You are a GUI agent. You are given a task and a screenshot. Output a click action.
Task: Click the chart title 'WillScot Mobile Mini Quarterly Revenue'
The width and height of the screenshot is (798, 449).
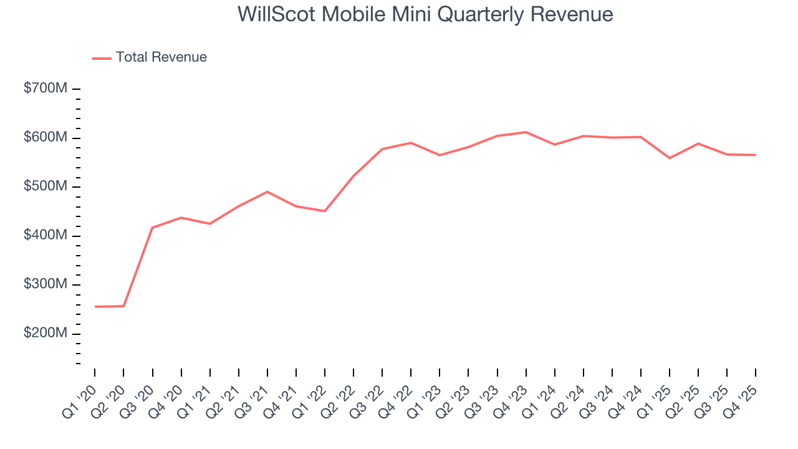(425, 14)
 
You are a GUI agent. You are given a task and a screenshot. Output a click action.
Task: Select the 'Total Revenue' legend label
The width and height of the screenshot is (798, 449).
(161, 57)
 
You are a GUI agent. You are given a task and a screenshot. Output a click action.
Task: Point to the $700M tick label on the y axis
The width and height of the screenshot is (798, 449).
(45, 89)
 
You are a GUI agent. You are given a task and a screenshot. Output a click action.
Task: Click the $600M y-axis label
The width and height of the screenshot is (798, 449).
(45, 138)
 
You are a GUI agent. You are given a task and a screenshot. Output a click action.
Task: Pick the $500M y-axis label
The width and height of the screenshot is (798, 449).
(45, 186)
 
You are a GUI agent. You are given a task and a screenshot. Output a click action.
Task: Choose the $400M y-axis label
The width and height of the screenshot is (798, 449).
(45, 236)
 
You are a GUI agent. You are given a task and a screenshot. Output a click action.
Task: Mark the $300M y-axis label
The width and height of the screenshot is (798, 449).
(45, 284)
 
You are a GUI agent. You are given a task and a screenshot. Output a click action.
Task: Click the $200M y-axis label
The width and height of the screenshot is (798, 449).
(45, 334)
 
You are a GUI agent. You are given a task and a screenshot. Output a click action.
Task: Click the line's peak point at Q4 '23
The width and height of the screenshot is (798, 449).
(526, 132)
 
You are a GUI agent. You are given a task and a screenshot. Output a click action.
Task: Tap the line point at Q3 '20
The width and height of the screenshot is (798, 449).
(152, 228)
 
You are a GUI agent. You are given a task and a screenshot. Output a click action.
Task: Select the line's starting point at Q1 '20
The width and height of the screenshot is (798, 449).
(95, 307)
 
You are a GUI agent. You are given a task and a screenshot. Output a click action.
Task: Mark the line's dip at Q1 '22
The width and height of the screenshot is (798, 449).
(325, 211)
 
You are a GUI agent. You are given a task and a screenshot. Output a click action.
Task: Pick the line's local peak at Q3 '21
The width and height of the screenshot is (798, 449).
(267, 191)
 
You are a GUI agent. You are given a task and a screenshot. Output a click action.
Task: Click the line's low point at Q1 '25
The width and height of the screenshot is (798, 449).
(670, 158)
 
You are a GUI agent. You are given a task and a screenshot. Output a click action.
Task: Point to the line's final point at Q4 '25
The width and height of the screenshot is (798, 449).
(756, 155)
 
